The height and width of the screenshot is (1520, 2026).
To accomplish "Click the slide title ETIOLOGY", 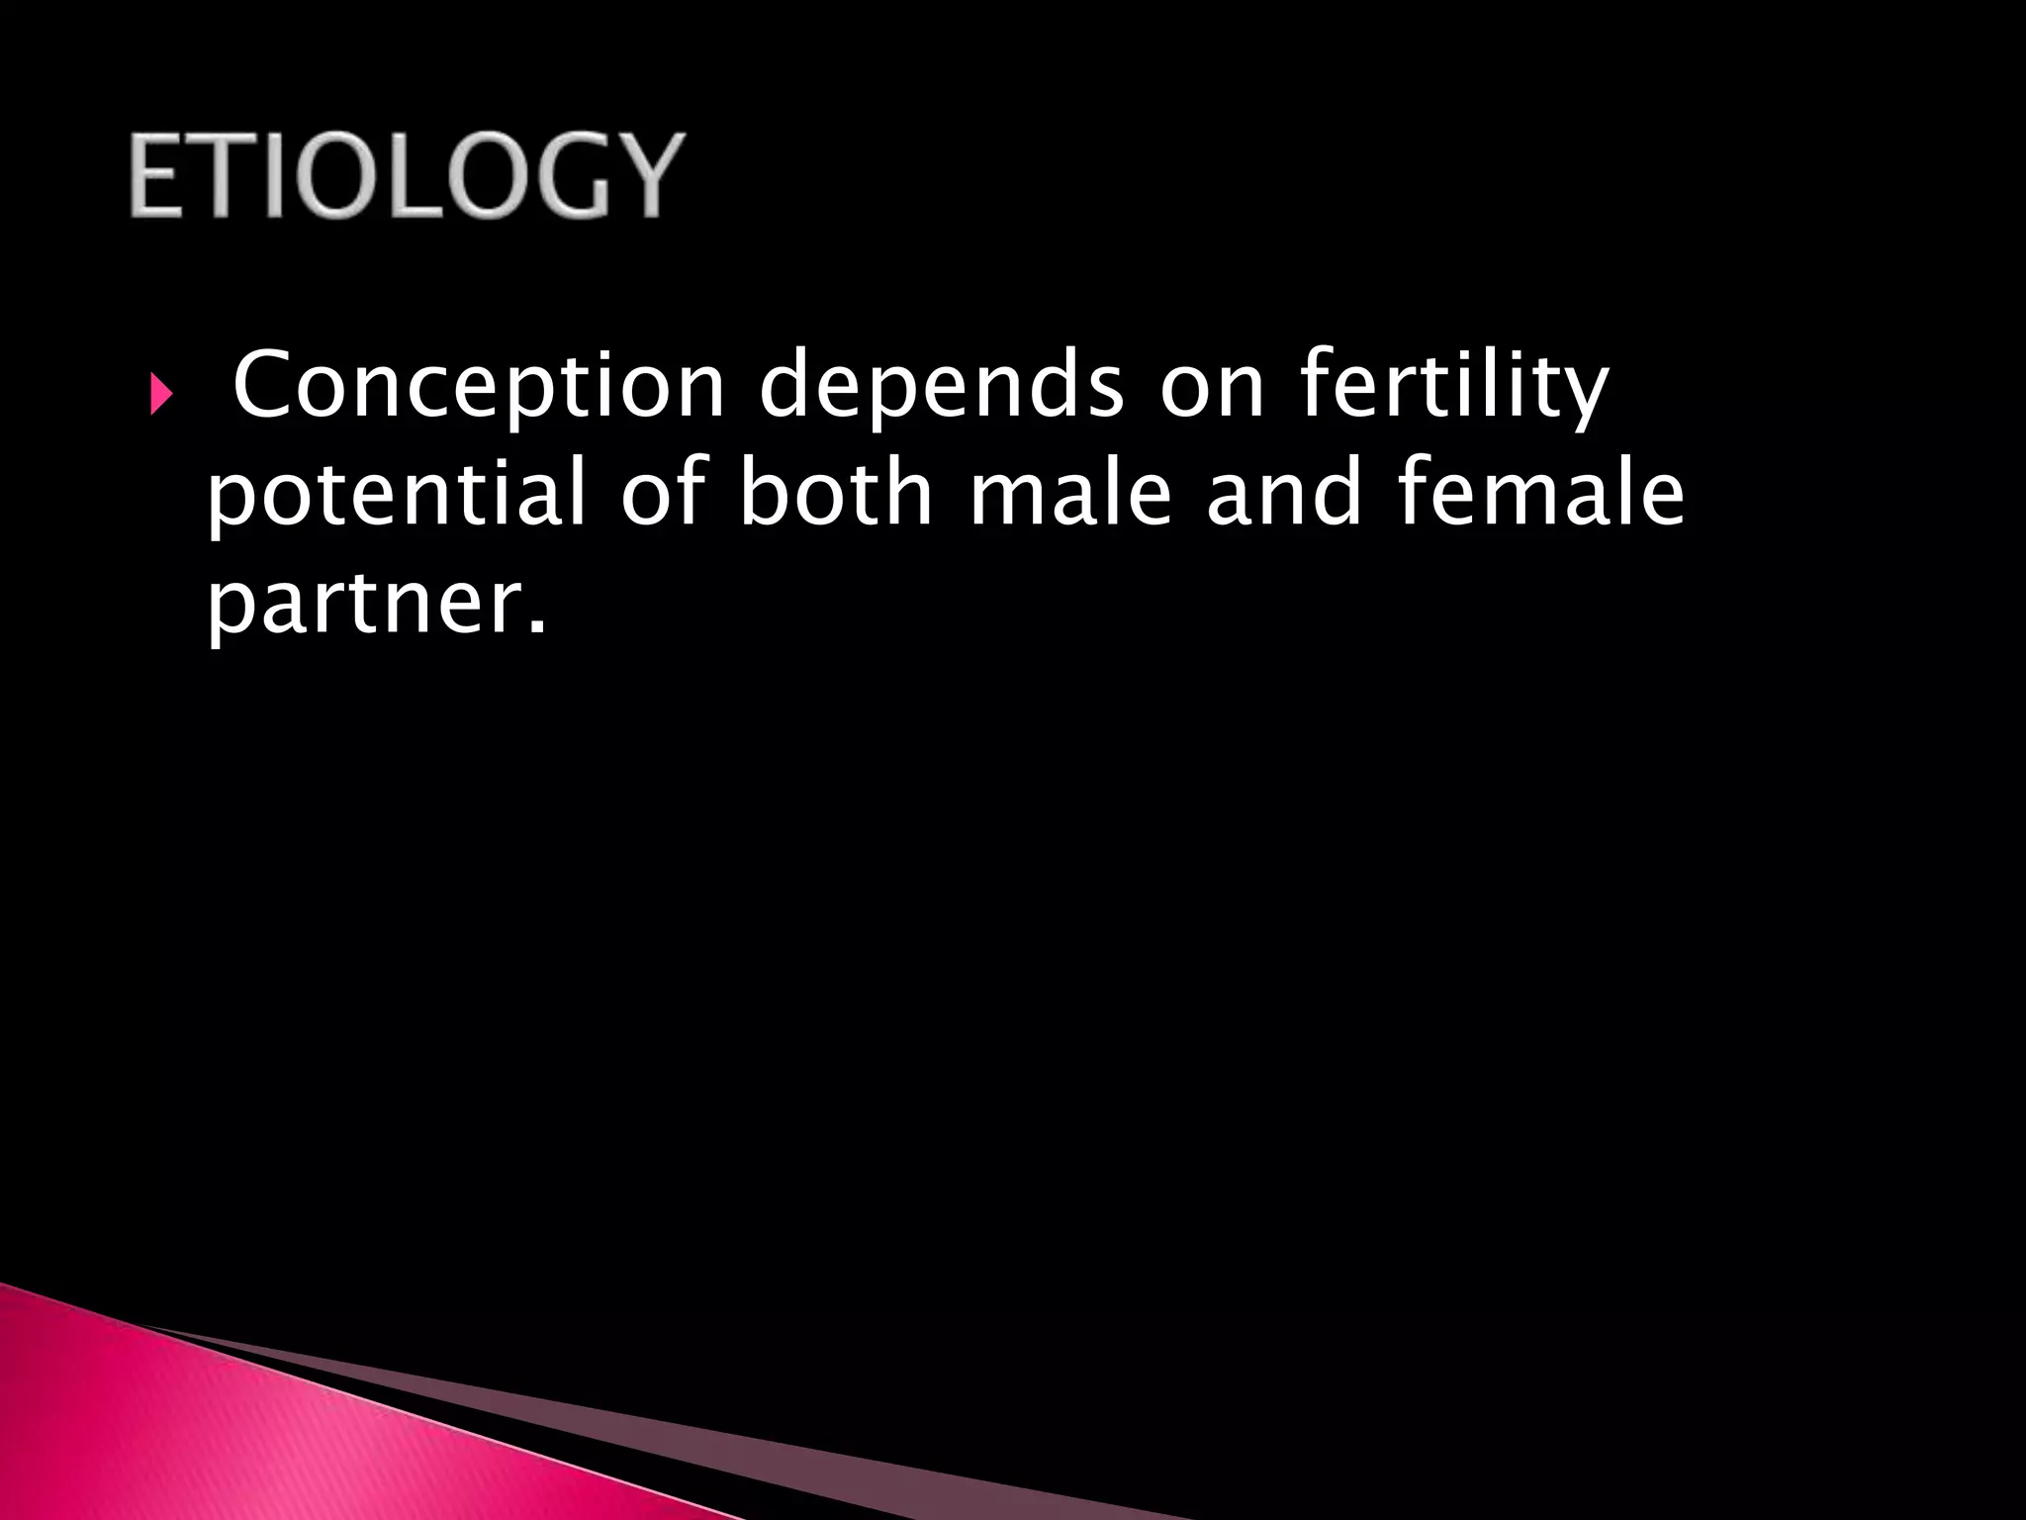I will point(406,175).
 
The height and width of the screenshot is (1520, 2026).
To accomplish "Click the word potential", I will point(397,495).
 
